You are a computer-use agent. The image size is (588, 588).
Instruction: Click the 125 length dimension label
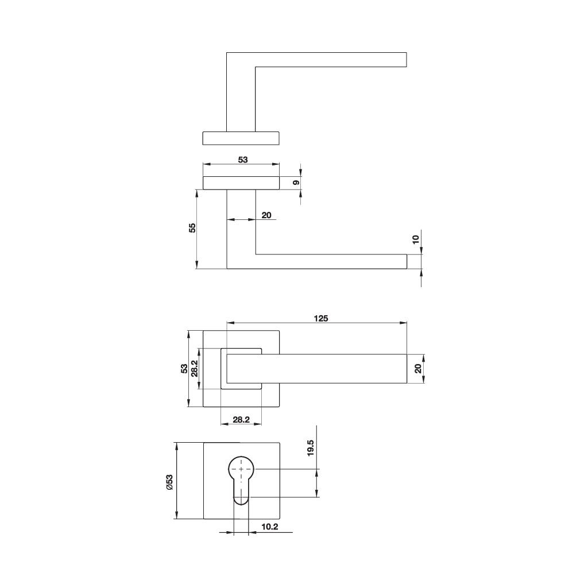[320, 319]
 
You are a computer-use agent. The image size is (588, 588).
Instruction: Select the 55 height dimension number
[192, 227]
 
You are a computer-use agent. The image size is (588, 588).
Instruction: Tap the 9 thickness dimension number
[296, 183]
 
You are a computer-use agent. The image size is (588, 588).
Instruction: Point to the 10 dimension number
[416, 239]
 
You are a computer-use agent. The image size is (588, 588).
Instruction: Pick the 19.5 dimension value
[311, 448]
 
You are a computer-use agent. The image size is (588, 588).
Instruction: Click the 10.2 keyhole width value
[270, 527]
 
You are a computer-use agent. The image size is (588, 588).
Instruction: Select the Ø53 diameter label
[169, 481]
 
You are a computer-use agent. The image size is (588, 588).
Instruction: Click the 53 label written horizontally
[242, 160]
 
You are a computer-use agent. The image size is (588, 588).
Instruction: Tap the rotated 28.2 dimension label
[195, 368]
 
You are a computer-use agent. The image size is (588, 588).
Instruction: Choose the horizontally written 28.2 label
[241, 420]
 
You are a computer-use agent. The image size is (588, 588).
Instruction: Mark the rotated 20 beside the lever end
[418, 369]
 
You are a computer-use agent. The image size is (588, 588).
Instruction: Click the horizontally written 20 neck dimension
[266, 215]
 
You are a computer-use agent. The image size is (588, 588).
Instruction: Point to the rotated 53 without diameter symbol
[184, 368]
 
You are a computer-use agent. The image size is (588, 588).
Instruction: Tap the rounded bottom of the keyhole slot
[241, 501]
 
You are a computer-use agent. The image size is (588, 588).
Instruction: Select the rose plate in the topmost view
[241, 138]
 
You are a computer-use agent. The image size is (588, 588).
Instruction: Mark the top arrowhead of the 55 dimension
[197, 192]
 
